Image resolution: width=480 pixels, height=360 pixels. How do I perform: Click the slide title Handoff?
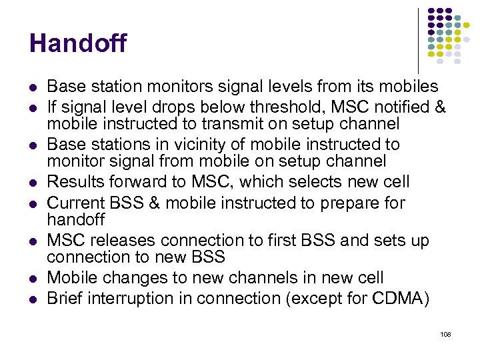click(x=77, y=44)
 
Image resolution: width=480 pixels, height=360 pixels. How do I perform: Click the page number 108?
click(x=446, y=334)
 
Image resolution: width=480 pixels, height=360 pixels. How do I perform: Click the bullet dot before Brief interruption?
click(x=32, y=299)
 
